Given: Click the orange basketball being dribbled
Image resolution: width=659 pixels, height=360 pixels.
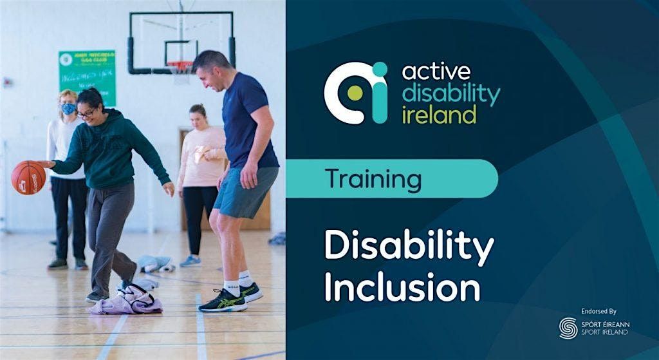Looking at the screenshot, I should pyautogui.click(x=28, y=177).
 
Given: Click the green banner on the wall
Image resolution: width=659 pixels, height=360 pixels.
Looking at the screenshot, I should pyautogui.click(x=87, y=77).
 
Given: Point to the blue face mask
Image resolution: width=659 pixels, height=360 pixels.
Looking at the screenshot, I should pyautogui.click(x=68, y=109).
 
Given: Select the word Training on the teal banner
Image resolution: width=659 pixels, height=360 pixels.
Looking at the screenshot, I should pyautogui.click(x=373, y=178).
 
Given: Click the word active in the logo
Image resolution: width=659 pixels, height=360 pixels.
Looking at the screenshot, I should pyautogui.click(x=436, y=71).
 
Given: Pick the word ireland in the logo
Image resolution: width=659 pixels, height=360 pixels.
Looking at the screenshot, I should pyautogui.click(x=439, y=115).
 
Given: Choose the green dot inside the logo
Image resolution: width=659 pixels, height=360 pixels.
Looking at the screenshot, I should pyautogui.click(x=355, y=93).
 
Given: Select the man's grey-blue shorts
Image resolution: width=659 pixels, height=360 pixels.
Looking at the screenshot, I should pyautogui.click(x=245, y=192).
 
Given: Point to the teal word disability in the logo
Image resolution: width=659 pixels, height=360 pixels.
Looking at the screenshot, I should pyautogui.click(x=450, y=93).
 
